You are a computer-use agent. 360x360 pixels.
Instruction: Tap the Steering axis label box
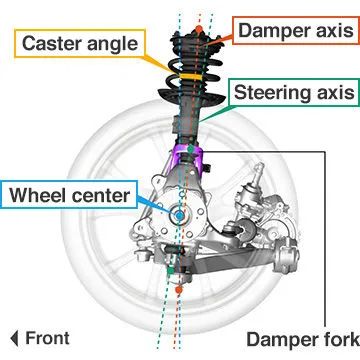pyautogui.click(x=293, y=95)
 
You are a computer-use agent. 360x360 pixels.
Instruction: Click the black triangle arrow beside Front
pyautogui.click(x=14, y=337)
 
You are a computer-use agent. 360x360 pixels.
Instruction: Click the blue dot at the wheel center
pyautogui.click(x=177, y=214)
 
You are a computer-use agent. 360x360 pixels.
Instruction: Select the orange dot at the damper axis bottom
pyautogui.click(x=176, y=289)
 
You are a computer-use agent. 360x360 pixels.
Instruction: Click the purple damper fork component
pyautogui.click(x=187, y=158)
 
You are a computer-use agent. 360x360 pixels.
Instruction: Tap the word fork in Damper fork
pyautogui.click(x=334, y=337)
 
